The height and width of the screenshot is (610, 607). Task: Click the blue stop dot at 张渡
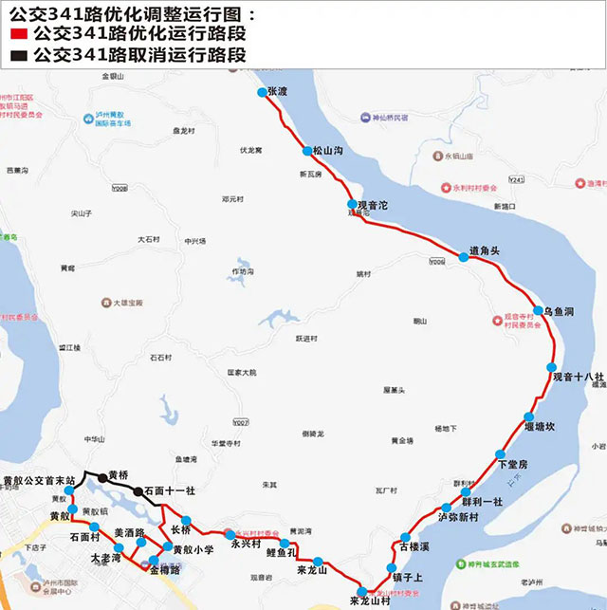click(262, 92)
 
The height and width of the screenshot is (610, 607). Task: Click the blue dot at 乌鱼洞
click(537, 311)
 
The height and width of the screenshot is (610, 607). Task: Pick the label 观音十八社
click(579, 378)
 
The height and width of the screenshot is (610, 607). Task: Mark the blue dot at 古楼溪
click(405, 537)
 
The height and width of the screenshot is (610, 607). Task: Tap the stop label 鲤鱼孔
click(282, 552)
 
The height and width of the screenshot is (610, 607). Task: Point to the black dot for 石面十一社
click(138, 491)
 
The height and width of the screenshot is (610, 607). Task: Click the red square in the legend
click(16, 35)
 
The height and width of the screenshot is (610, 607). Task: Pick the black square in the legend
click(16, 56)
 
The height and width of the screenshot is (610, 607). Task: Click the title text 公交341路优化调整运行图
click(132, 13)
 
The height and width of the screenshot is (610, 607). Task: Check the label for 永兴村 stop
click(246, 545)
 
